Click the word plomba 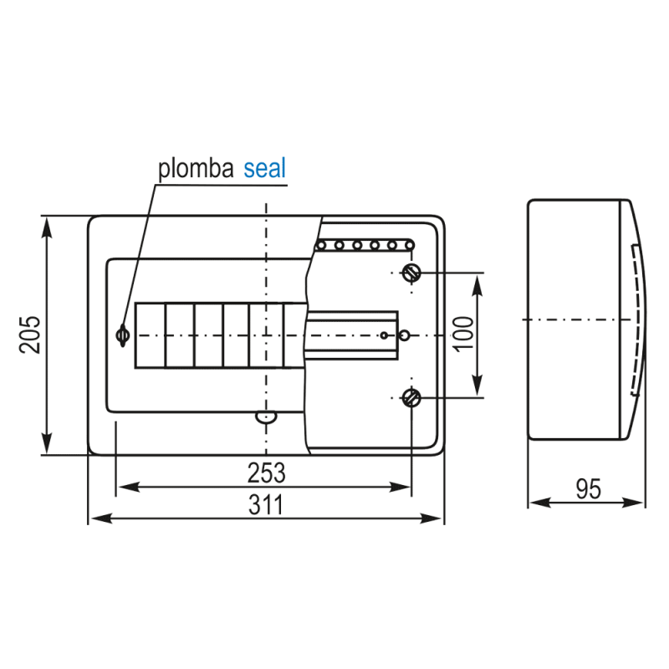tap(196, 170)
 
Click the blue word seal tap(264, 169)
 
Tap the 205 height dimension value tap(30, 335)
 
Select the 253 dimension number tap(266, 472)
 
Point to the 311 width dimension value tap(266, 505)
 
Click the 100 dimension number tap(464, 334)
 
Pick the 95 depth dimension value tap(589, 489)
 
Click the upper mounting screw tap(411, 273)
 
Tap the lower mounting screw tap(411, 398)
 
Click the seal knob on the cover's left tap(123, 335)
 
